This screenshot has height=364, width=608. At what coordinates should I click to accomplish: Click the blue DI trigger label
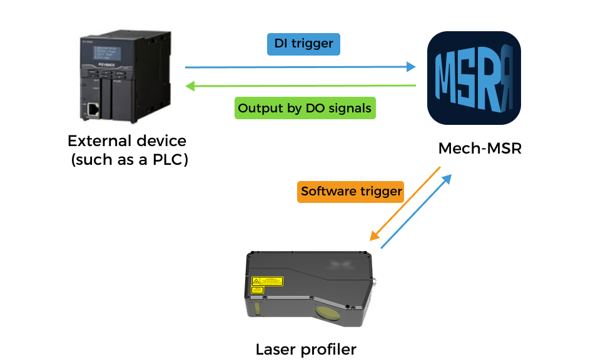tap(303, 44)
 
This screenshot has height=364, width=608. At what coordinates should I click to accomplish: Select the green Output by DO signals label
tap(305, 108)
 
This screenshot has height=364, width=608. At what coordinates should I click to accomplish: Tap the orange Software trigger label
tap(350, 191)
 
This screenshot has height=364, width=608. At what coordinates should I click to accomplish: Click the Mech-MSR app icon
tap(474, 79)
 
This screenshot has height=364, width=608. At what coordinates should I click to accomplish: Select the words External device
tap(127, 140)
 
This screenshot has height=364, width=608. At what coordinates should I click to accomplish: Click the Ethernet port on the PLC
tap(93, 109)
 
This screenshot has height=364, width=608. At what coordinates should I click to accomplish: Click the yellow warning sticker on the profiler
tap(267, 282)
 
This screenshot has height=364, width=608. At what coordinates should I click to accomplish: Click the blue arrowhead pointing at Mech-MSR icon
tap(411, 67)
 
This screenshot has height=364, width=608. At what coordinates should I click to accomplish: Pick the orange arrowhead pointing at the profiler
tap(373, 237)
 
